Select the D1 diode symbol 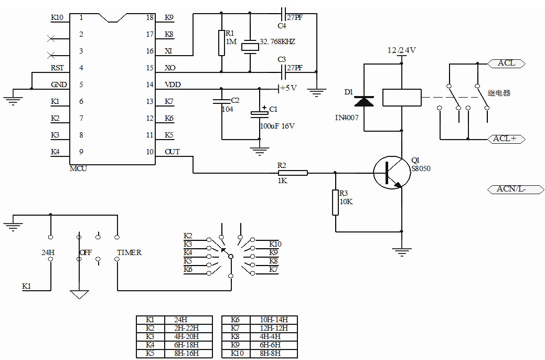coord(364,101)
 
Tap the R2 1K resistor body coord(292,172)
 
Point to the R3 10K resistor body coord(336,203)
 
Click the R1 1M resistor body coord(221,43)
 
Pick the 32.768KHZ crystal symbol coord(250,47)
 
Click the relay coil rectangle coord(402,97)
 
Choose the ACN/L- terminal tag coord(511,189)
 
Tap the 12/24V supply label coord(401,50)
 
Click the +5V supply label coord(289,88)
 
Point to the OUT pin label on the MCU coord(172,152)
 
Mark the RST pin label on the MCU coord(57,68)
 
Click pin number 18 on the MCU coord(150,18)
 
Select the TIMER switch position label coord(129,252)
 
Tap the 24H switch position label coord(48,252)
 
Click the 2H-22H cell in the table coord(186,329)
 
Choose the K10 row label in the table coord(238,354)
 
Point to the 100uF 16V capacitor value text coord(277,126)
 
